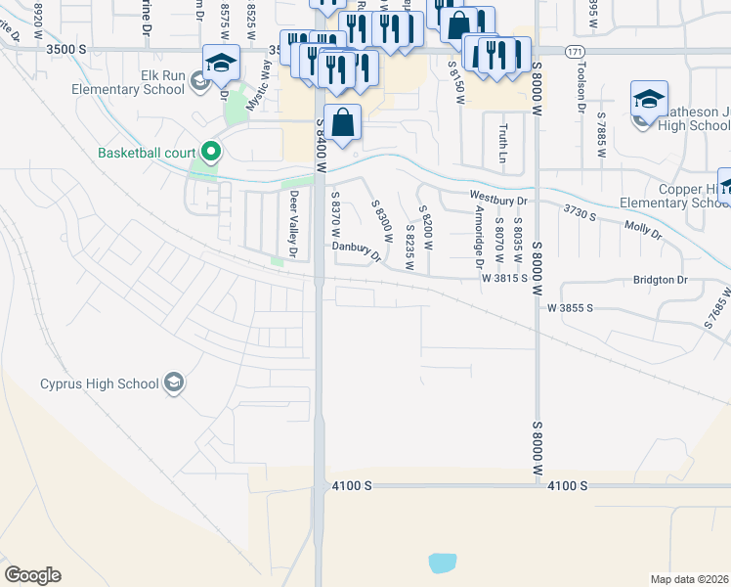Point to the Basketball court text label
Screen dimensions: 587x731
pos(147,153)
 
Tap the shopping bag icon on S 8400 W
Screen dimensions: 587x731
pos(343,124)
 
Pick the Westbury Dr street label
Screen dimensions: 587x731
pos(498,200)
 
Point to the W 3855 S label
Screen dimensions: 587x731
pos(571,308)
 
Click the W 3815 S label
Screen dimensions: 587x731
pos(504,278)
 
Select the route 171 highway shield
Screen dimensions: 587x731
pos(577,50)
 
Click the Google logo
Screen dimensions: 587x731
pos(32,575)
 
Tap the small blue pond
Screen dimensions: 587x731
pos(443,563)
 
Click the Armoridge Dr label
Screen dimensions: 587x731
pos(479,236)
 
